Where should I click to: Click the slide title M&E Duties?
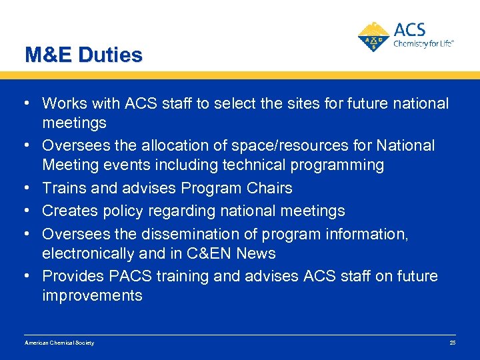coord(83,55)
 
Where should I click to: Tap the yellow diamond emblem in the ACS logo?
coord(374,37)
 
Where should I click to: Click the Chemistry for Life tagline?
coord(423,43)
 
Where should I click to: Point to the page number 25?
coord(452,343)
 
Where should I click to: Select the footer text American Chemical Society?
coord(59,343)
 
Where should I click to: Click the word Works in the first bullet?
coord(62,104)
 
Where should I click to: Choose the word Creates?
coord(67,211)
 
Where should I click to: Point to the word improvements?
coord(92,295)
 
